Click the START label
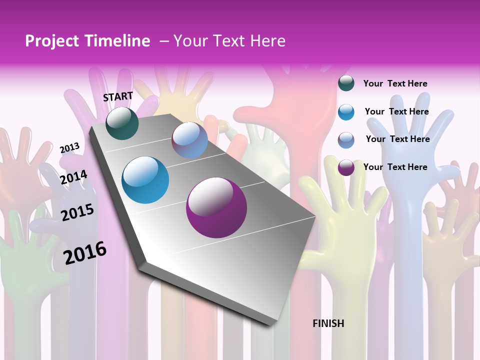pyautogui.click(x=118, y=96)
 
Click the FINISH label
pyautogui.click(x=328, y=323)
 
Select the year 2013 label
pyautogui.click(x=69, y=147)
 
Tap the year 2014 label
pyautogui.click(x=74, y=177)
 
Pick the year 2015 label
pyautogui.click(x=77, y=212)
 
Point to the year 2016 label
pyautogui.click(x=85, y=253)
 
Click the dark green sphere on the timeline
pyautogui.click(x=122, y=123)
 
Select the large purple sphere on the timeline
pyautogui.click(x=216, y=207)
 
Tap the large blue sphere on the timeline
pyautogui.click(x=145, y=180)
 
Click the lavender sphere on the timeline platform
pyautogui.click(x=189, y=140)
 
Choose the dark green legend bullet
pyautogui.click(x=346, y=83)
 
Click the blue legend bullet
pyautogui.click(x=346, y=111)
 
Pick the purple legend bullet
pyautogui.click(x=346, y=167)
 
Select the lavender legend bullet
pyautogui.click(x=346, y=139)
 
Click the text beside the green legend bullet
pyautogui.click(x=395, y=83)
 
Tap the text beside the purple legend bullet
pyautogui.click(x=395, y=167)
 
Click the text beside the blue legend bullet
pyautogui.click(x=396, y=111)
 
